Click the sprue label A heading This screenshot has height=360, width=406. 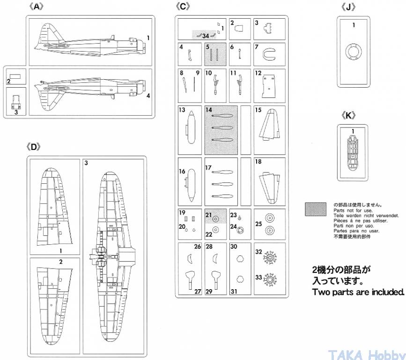[x=36, y=7]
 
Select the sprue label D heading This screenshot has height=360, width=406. [x=34, y=147]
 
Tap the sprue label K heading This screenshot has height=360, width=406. [x=348, y=116]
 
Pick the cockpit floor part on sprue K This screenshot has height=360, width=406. [x=352, y=153]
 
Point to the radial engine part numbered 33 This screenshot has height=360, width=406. [x=270, y=280]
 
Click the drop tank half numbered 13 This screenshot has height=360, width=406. [x=190, y=127]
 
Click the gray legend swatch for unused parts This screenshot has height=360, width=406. [x=315, y=210]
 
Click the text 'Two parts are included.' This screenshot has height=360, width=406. [x=358, y=292]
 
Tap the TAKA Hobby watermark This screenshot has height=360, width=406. [x=367, y=355]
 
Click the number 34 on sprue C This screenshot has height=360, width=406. [x=206, y=36]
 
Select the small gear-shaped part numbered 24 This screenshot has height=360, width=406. [x=241, y=230]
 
